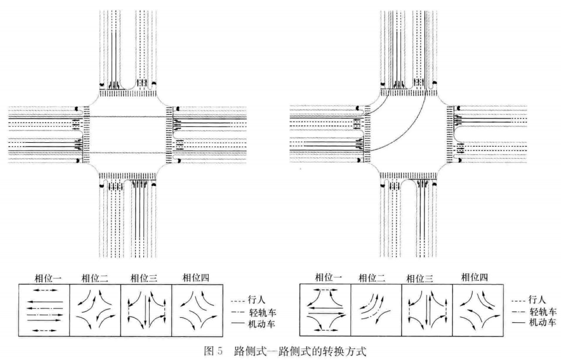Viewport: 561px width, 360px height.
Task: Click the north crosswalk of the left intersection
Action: click(x=127, y=93)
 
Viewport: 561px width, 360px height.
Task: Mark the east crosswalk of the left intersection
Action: click(x=168, y=133)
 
